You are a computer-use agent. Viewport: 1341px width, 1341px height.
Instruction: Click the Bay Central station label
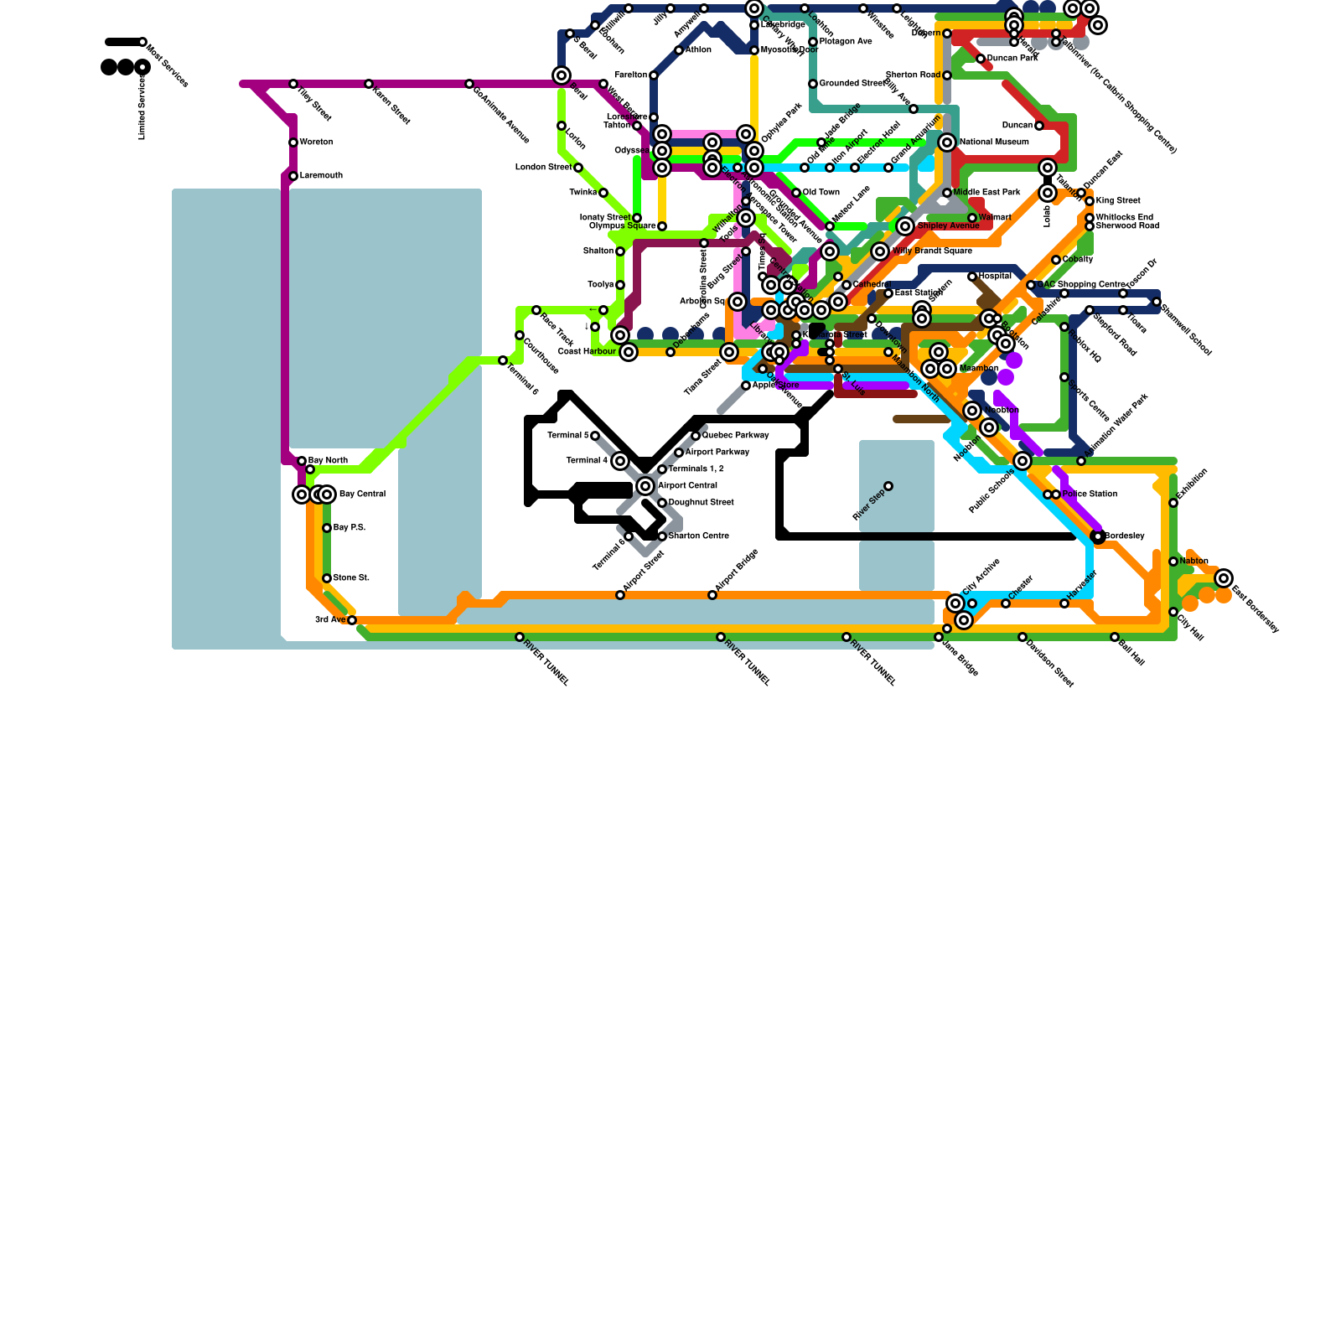tap(362, 494)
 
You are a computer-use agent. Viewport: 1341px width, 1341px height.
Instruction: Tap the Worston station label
tap(316, 142)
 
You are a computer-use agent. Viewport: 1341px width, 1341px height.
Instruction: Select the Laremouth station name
tap(321, 176)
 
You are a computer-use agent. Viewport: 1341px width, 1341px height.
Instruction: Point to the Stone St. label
tap(351, 578)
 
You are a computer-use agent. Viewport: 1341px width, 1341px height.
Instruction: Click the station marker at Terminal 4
tap(620, 461)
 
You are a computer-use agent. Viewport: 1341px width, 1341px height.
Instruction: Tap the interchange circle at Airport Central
tap(645, 486)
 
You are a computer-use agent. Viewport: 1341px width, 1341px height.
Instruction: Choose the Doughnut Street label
tap(701, 503)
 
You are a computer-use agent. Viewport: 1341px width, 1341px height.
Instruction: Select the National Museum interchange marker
tap(947, 142)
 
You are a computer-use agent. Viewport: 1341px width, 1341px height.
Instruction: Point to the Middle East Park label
tap(986, 193)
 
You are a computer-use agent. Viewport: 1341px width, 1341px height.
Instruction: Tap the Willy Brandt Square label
tap(932, 251)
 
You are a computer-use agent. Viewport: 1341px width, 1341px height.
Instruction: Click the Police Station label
tap(1090, 494)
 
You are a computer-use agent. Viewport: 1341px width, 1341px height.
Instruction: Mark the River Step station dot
tap(888, 486)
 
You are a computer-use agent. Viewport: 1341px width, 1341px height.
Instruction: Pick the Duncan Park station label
tap(1012, 59)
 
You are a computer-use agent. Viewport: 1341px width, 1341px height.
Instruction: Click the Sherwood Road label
tap(1127, 226)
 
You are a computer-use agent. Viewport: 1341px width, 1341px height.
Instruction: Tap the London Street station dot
tap(578, 168)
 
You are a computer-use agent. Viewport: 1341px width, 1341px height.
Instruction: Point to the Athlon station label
tap(698, 50)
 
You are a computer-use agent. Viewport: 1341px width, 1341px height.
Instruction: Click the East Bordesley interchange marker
tap(1224, 578)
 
